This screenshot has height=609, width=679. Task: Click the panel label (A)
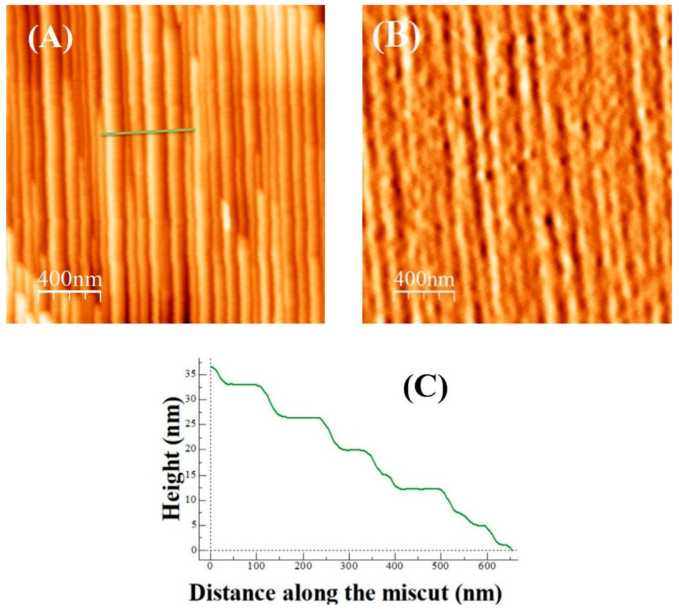pos(50,39)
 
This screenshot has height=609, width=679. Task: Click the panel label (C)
pos(425,388)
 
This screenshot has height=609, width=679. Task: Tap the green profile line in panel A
pos(148,132)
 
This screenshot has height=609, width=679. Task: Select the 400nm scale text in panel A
pos(70,279)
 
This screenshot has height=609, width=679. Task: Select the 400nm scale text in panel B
pos(424,279)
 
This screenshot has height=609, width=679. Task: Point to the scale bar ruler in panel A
pos(69,295)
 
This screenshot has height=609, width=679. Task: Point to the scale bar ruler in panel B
pos(424,295)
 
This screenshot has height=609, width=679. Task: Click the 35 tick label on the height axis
pos(190,374)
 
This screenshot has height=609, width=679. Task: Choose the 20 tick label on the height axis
pos(190,449)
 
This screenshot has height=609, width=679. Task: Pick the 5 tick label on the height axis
pos(193,525)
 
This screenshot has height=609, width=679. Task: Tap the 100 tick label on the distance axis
pos(256,566)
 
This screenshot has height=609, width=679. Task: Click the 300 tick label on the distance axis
pos(349,566)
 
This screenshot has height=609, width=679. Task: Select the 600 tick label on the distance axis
pos(487,566)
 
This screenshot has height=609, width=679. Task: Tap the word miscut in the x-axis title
pos(415,593)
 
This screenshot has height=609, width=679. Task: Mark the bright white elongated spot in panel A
pos(226,216)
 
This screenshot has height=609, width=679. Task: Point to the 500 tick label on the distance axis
pos(441,566)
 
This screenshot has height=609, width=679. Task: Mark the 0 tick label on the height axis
pos(193,550)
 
